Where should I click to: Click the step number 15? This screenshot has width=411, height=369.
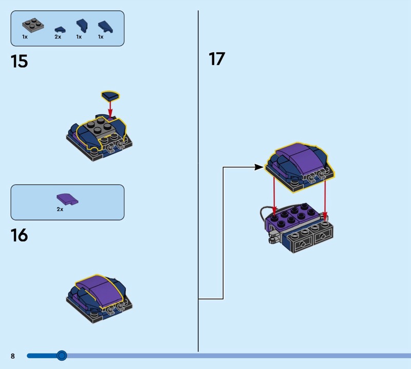pyautogui.click(x=20, y=62)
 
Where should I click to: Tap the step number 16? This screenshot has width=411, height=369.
pyautogui.click(x=20, y=236)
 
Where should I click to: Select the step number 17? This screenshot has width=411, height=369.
pyautogui.click(x=217, y=59)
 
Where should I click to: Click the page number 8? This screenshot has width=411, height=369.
pyautogui.click(x=13, y=356)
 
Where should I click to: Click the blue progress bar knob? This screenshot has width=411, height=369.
pyautogui.click(x=62, y=355)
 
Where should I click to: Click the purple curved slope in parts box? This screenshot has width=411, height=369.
pyautogui.click(x=67, y=199)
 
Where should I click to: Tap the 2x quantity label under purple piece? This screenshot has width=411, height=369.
pyautogui.click(x=60, y=209)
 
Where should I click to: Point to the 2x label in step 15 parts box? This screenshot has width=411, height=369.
pyautogui.click(x=58, y=37)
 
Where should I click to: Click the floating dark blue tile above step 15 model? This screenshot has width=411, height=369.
pyautogui.click(x=110, y=95)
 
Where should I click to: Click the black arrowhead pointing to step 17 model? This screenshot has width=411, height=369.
pyautogui.click(x=259, y=167)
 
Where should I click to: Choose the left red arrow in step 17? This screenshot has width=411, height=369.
pyautogui.click(x=274, y=195)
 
